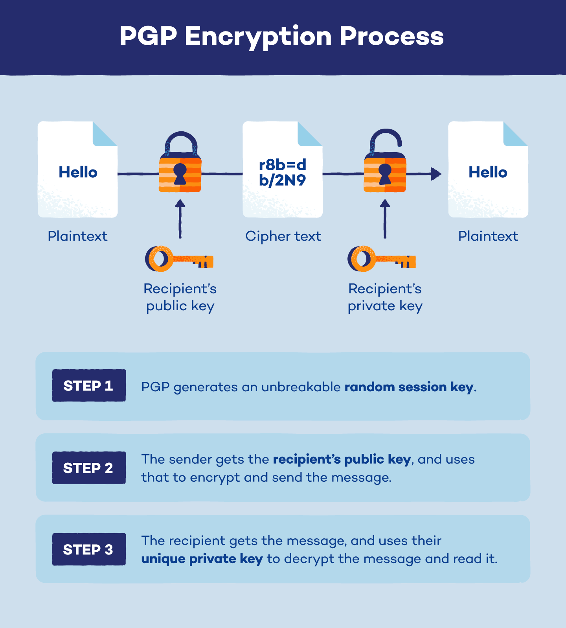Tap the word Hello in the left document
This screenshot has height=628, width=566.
[x=78, y=172]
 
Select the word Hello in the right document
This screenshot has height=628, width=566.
[x=488, y=172]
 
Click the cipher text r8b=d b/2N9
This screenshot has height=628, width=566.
[x=282, y=172]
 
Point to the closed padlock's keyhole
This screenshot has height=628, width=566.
[x=180, y=173]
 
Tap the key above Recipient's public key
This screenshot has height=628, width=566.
[x=179, y=259]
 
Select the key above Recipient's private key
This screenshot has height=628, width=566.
[x=381, y=259]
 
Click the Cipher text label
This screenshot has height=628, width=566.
[x=283, y=236]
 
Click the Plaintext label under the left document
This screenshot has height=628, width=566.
[x=77, y=236]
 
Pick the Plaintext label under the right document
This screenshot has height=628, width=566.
[x=488, y=236]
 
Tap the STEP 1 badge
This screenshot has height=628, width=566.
[x=89, y=385]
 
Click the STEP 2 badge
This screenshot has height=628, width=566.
[x=89, y=468]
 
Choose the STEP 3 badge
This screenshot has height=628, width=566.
[x=89, y=549]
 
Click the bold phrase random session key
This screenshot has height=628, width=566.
[x=409, y=387]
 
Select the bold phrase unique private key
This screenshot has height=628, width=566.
[x=202, y=559]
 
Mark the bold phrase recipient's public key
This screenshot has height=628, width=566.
[x=342, y=459]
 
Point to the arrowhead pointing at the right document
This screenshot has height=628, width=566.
[x=436, y=173]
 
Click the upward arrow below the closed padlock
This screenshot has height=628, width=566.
[x=180, y=218]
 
